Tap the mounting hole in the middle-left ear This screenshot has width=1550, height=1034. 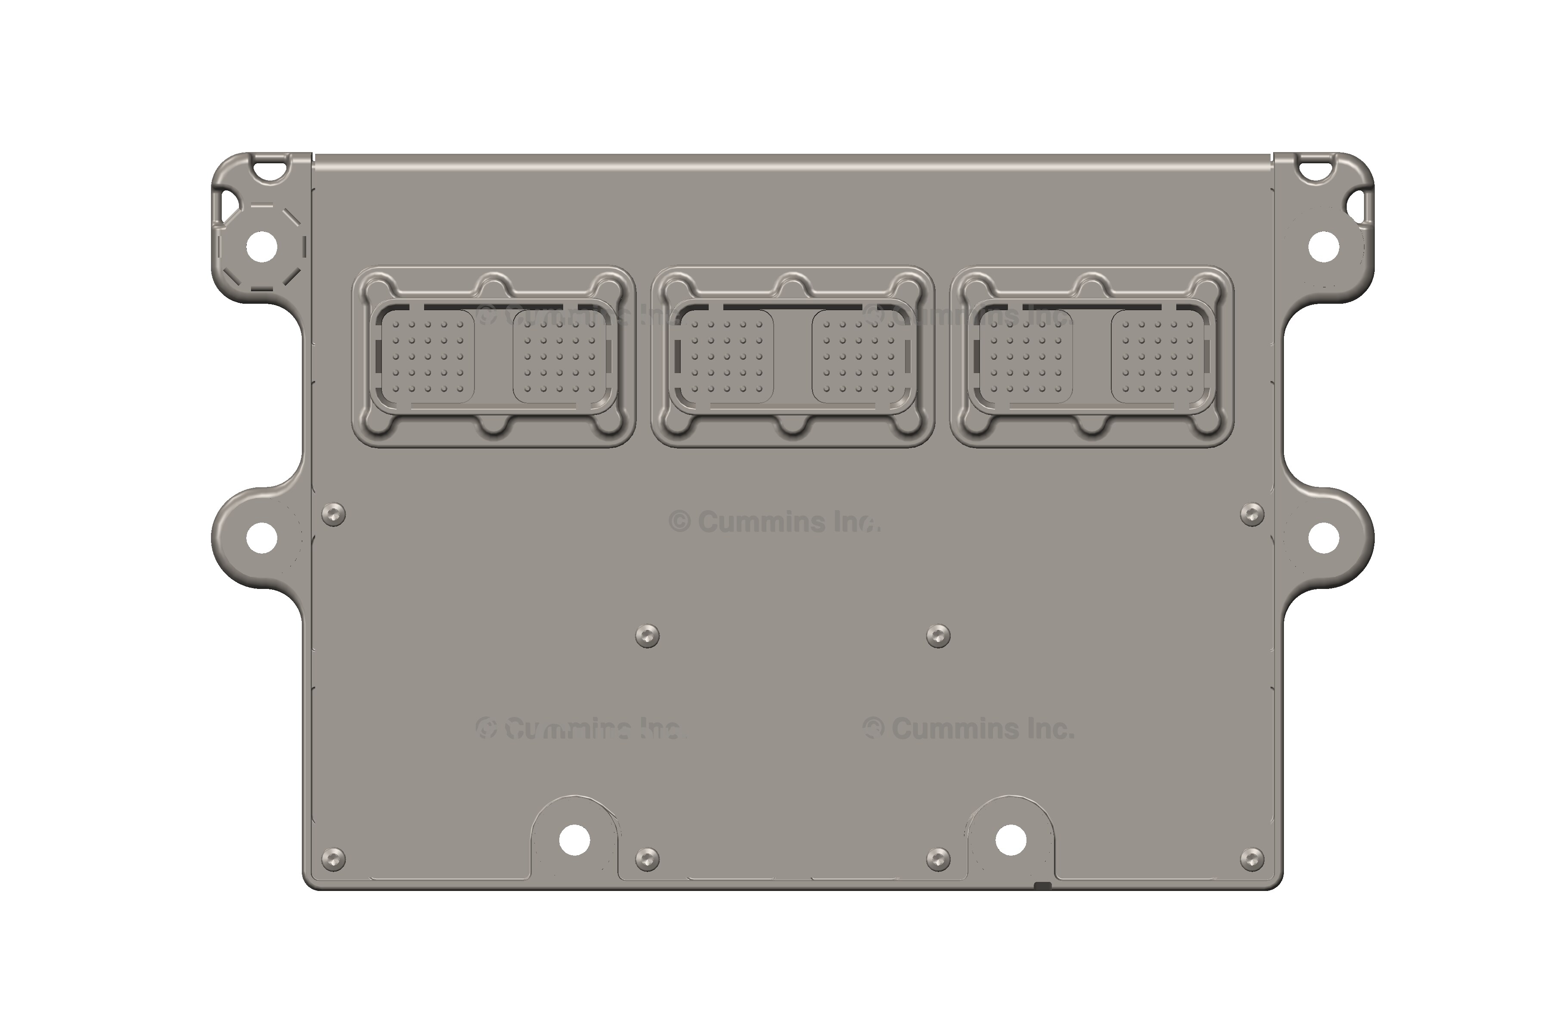pos(262,537)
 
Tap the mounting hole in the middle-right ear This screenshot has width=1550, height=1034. pos(1323,537)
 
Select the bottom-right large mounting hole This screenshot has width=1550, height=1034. pos(1010,840)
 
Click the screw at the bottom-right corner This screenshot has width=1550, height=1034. pos(1252,859)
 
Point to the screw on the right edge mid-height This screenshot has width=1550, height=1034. pos(1252,514)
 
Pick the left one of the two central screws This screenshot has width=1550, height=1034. pos(647,636)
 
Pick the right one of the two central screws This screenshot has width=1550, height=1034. pos(938,636)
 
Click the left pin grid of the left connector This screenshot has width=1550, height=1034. pos(428,357)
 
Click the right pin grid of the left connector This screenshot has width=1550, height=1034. pos(559,357)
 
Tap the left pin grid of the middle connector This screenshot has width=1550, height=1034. pos(727,357)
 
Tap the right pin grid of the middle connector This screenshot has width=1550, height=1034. pos(858,357)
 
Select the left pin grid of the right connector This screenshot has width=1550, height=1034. pos(1026,357)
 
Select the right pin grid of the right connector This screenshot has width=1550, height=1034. pos(1157,357)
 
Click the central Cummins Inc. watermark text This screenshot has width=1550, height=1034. pos(775,522)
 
